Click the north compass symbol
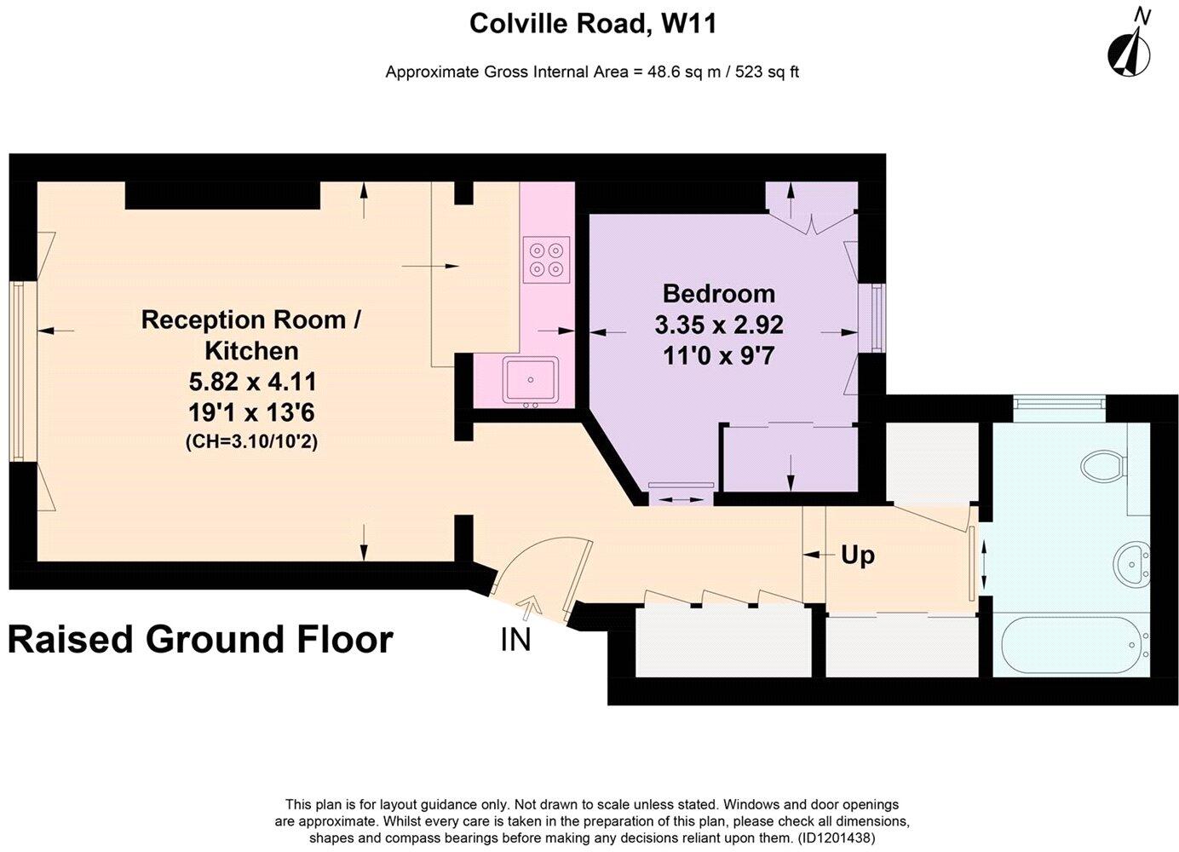pyautogui.click(x=1129, y=50)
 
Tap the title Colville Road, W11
pyautogui.click(x=593, y=24)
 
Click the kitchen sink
pyautogui.click(x=530, y=379)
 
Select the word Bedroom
pyautogui.click(x=719, y=294)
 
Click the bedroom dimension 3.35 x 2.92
pyautogui.click(x=719, y=325)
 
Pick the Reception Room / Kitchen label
pyautogui.click(x=251, y=335)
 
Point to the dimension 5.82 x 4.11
pyautogui.click(x=251, y=381)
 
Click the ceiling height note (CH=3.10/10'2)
pyautogui.click(x=251, y=442)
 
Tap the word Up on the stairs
pyautogui.click(x=858, y=556)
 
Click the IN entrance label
pyautogui.click(x=515, y=639)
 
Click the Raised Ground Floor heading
pyautogui.click(x=201, y=639)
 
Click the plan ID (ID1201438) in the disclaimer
pyautogui.click(x=837, y=838)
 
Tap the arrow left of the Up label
pyautogui.click(x=818, y=556)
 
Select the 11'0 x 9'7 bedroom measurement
pyautogui.click(x=719, y=355)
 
